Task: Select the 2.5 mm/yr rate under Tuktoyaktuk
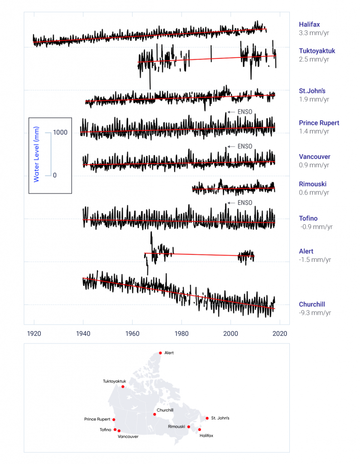[x=314, y=60]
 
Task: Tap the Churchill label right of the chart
[x=312, y=304]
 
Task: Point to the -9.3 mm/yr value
[x=316, y=313]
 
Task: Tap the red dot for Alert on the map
[x=160, y=353]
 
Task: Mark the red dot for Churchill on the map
[x=154, y=414]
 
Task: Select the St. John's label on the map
[x=220, y=418]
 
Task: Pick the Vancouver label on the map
[x=128, y=436]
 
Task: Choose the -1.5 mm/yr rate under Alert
[x=315, y=260]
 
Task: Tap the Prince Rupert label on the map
[x=97, y=419]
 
